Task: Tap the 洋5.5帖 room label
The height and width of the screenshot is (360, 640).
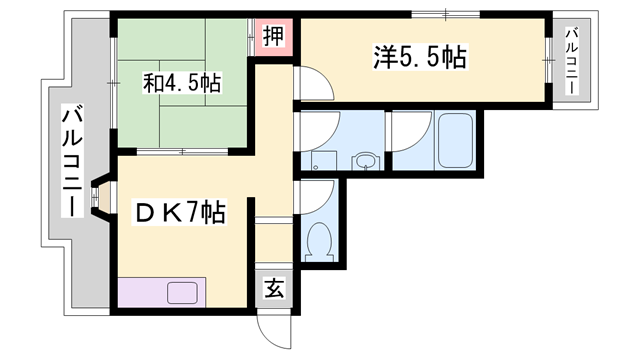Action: click(x=420, y=58)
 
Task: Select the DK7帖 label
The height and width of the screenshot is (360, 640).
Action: click(x=180, y=212)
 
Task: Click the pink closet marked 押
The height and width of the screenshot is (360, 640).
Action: click(x=273, y=37)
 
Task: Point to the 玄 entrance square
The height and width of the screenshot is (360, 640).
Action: click(x=273, y=289)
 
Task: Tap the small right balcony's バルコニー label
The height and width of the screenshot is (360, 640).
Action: click(x=573, y=60)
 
